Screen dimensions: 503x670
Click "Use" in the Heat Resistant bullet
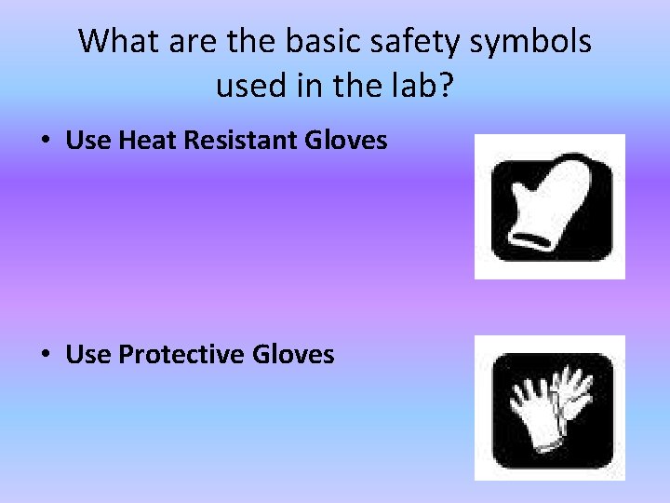(87, 141)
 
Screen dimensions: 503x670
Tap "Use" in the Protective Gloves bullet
(87, 354)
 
